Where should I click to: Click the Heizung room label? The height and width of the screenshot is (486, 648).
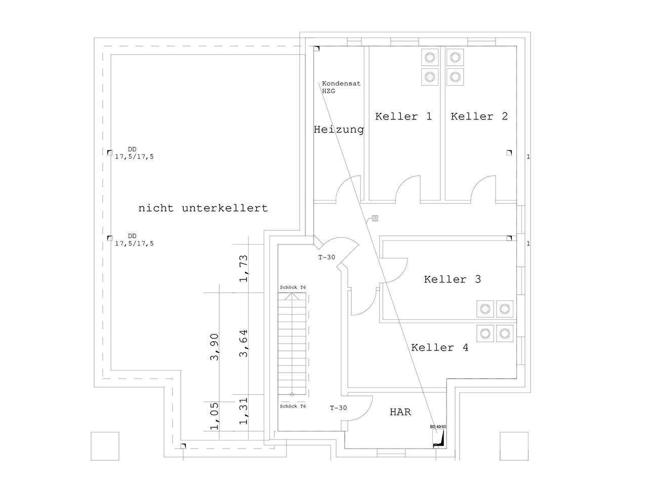[339, 130]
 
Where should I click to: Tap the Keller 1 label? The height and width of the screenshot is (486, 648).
[403, 116]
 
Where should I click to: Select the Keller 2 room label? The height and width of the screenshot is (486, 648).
[479, 116]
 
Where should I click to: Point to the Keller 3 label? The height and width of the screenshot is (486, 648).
[452, 279]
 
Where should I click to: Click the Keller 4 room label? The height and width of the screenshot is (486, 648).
[439, 348]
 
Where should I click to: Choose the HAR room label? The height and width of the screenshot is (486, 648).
[400, 412]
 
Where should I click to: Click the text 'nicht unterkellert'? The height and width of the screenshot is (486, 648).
[203, 208]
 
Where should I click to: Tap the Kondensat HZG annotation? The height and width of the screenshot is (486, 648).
[341, 87]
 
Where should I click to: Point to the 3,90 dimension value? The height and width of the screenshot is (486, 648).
[214, 347]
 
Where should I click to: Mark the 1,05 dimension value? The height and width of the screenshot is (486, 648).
[214, 415]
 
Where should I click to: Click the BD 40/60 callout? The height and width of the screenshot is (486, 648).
[438, 427]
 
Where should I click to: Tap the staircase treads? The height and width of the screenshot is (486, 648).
[292, 344]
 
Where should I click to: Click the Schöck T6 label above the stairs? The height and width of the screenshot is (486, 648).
[293, 288]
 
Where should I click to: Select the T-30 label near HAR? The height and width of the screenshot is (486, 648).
[338, 408]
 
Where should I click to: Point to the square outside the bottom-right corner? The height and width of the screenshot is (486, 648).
[514, 446]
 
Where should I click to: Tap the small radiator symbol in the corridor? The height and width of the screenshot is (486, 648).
[375, 219]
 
